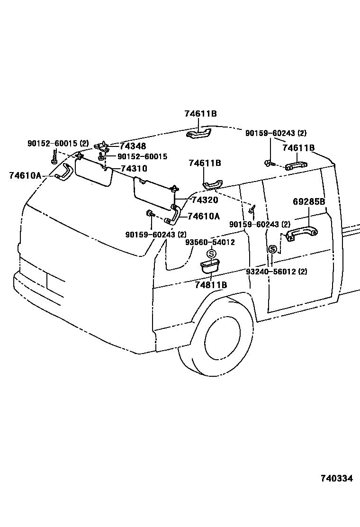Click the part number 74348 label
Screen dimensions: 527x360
point(133,146)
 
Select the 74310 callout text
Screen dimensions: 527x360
point(134,168)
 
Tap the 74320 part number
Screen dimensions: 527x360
point(205,200)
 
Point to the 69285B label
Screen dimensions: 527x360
point(308,201)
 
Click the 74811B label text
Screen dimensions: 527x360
point(211,285)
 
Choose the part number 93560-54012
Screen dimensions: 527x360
point(210,242)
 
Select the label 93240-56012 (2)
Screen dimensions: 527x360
point(277,272)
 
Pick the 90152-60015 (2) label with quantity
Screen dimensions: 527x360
point(58,143)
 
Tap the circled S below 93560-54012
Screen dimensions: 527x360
point(212,254)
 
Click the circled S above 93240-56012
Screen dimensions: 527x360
point(272,249)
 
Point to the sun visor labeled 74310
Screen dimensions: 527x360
point(93,173)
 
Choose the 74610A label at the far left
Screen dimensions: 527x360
point(25,175)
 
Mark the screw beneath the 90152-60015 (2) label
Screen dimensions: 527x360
point(55,158)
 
